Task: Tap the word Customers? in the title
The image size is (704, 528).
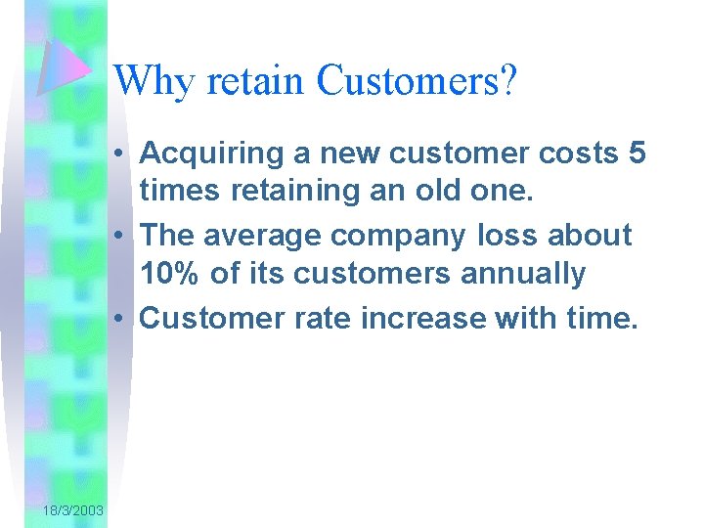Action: [416, 81]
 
